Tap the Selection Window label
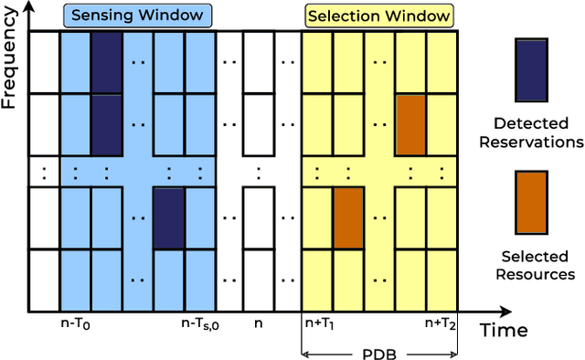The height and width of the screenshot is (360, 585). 379,16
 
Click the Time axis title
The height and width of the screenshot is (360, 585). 504,328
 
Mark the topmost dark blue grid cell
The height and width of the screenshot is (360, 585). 105,62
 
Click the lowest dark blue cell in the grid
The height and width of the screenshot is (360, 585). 167,217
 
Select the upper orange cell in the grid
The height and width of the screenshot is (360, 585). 410,124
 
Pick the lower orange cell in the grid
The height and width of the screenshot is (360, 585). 348,217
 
